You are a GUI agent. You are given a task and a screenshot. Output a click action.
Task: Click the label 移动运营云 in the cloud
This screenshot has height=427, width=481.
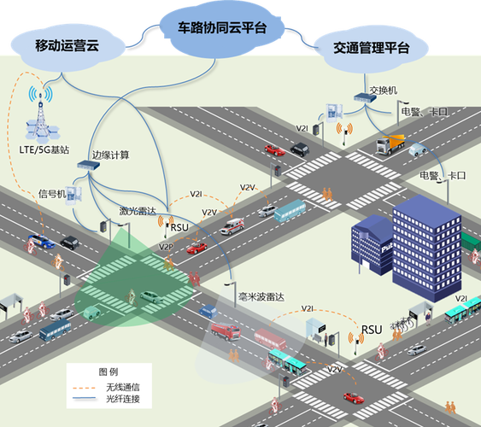click(x=67, y=45)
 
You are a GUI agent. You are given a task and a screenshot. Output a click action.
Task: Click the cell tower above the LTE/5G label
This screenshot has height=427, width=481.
click(x=38, y=116)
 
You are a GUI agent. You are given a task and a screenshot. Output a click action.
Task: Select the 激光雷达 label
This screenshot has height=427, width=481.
click(x=136, y=210)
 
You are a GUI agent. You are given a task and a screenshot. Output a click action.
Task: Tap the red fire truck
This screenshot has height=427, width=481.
click(x=225, y=330)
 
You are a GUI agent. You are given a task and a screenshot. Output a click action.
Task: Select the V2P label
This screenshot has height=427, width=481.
click(x=166, y=247)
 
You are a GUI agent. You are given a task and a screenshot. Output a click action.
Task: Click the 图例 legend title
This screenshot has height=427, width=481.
click(x=109, y=372)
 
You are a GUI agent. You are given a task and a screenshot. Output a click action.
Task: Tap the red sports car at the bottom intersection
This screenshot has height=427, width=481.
click(x=353, y=397)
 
